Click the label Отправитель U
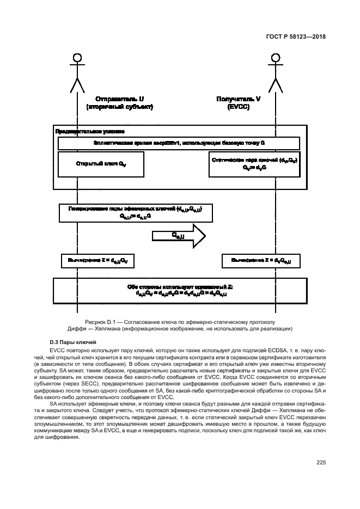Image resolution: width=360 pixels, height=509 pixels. coord(119,99)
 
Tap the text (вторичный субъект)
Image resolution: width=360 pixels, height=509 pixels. coord(119,107)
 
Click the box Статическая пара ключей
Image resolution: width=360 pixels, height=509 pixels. coord(254,164)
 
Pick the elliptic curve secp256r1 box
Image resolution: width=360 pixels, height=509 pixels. coord(179,143)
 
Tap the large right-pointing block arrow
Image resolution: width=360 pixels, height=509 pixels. coord(178,236)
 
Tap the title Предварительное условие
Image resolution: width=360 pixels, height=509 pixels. coord(89,131)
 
